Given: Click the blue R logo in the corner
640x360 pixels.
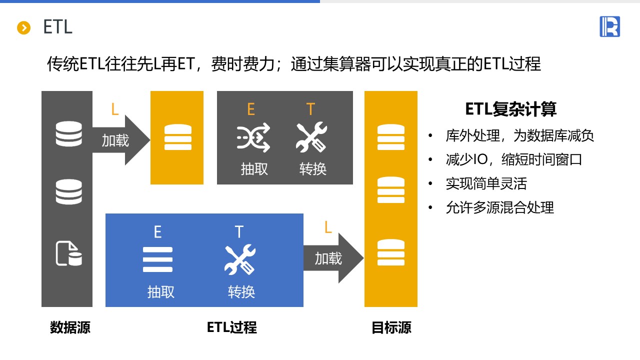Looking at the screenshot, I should tap(609, 26).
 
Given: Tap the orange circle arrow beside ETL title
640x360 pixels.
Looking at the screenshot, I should tap(24, 28).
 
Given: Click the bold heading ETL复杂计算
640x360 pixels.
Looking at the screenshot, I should tap(510, 109).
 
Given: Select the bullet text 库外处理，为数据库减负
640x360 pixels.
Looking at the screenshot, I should tap(519, 135).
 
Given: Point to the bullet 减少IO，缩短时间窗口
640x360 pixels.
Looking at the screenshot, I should tap(514, 159).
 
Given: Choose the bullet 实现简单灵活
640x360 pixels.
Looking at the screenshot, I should tap(486, 183).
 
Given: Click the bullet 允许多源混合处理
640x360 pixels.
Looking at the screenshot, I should tap(499, 207).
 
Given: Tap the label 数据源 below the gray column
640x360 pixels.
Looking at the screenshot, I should tap(70, 327).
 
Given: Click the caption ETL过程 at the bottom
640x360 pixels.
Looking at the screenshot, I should tap(231, 327).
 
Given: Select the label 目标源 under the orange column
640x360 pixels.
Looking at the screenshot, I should tap(391, 327).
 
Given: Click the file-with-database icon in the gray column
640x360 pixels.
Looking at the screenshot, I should tap(68, 253).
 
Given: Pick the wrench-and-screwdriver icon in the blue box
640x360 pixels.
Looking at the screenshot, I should tap(239, 260).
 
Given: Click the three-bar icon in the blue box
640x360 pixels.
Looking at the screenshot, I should tap(157, 259).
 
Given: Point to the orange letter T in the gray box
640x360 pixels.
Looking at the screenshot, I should tap(310, 109).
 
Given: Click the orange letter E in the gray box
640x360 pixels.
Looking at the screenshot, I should tap(251, 109).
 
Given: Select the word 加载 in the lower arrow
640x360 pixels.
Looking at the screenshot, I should tap(328, 258).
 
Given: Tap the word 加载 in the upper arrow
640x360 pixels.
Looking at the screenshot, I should tap(115, 140).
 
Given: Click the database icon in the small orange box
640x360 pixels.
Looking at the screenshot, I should tap(177, 137).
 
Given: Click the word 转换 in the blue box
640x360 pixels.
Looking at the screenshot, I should tap(241, 291).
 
